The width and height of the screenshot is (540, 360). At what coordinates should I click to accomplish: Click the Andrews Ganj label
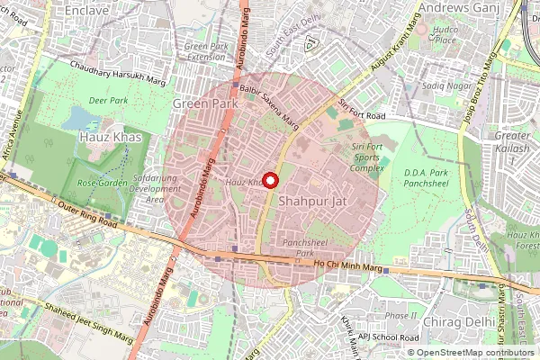pos(463,8)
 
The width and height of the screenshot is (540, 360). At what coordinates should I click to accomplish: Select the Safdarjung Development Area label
pos(155,189)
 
